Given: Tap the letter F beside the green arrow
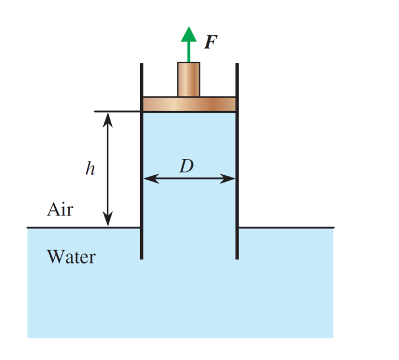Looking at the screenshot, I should coord(210,42).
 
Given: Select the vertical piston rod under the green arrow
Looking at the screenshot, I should coord(189,79).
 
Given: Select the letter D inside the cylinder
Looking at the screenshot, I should coord(186,166).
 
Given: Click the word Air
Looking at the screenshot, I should coord(60,210).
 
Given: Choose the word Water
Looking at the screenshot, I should coord(71,257).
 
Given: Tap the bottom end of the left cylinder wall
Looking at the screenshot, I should coord(142,258).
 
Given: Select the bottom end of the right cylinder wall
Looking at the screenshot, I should coord(237,258).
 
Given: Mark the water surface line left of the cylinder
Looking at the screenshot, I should coord(67,228).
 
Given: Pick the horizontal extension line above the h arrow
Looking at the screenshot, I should coord(117,112).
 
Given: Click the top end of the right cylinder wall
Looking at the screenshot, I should coord(237,65).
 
